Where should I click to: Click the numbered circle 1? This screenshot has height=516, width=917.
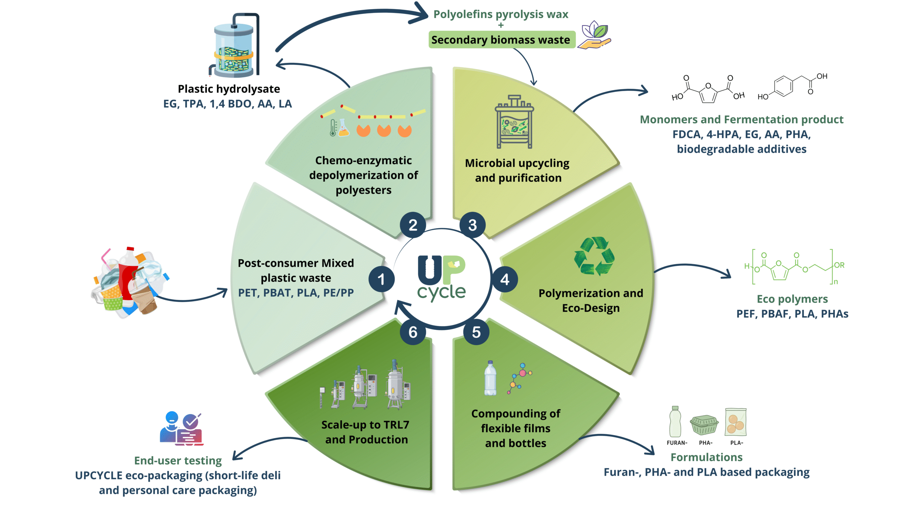click(381, 279)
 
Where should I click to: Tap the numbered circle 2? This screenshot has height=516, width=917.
click(413, 225)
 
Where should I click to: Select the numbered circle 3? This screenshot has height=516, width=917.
click(472, 225)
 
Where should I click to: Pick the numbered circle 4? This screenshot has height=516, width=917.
click(505, 279)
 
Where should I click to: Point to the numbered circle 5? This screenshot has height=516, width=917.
click(476, 332)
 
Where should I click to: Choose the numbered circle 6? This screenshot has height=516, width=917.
click(413, 332)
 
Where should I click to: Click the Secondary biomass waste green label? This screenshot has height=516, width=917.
click(501, 40)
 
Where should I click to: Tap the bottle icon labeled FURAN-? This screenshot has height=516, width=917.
click(675, 422)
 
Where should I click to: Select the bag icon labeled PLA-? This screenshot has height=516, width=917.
click(735, 422)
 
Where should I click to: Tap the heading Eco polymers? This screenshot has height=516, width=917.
click(792, 299)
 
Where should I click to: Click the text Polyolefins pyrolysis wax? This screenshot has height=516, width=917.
click(500, 14)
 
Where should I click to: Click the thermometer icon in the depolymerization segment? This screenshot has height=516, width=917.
click(333, 128)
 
